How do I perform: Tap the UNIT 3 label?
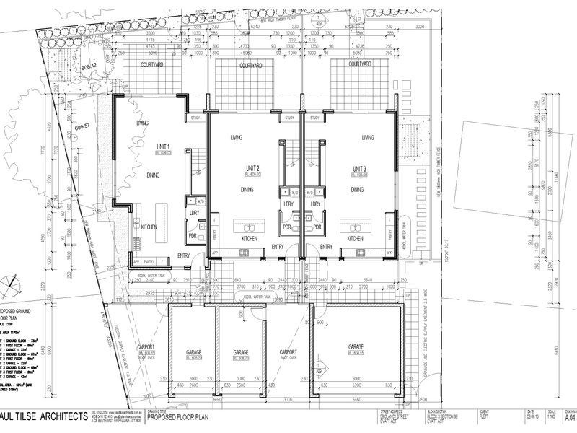[x=358, y=168]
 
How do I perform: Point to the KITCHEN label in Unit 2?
[x=249, y=238]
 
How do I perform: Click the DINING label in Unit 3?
[x=357, y=190]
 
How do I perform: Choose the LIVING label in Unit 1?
[x=142, y=123]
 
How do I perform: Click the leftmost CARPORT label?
[x=146, y=347]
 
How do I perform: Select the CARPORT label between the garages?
[x=288, y=352]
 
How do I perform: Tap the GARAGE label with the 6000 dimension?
[x=356, y=346]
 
